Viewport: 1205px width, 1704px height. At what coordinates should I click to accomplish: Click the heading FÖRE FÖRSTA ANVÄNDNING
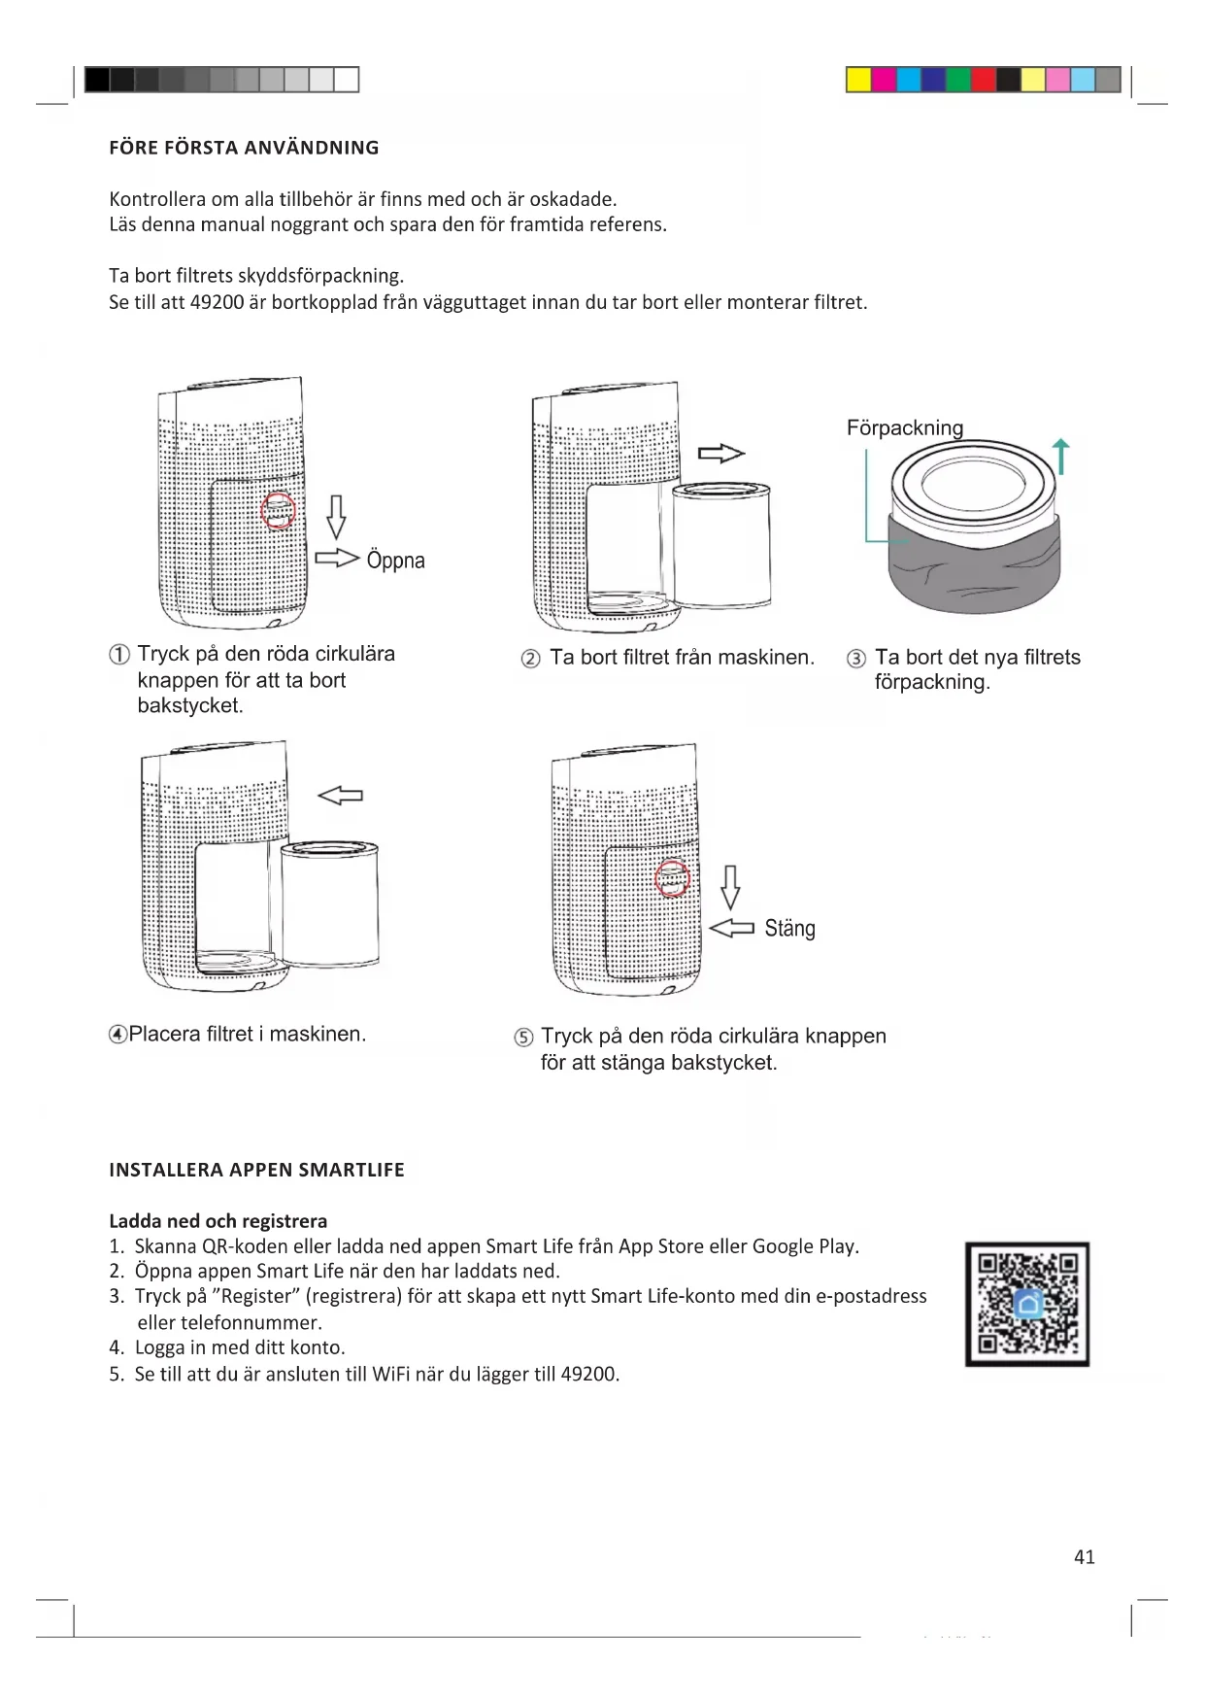(x=244, y=148)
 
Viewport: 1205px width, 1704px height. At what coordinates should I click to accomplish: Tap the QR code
(x=1026, y=1304)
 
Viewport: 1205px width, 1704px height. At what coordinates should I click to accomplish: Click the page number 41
(x=1084, y=1556)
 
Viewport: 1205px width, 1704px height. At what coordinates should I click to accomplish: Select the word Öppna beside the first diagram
(x=395, y=561)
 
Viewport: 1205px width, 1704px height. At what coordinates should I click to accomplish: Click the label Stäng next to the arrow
(x=789, y=929)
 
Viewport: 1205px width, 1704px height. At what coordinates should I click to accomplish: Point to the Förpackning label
(x=904, y=428)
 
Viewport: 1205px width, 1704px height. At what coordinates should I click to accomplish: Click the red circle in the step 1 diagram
(x=279, y=511)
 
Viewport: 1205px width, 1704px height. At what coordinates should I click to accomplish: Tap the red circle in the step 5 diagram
(x=672, y=879)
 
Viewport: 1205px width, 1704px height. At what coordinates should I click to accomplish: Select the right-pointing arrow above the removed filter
(x=720, y=453)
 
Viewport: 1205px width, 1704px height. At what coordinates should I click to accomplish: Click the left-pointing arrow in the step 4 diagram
(x=341, y=796)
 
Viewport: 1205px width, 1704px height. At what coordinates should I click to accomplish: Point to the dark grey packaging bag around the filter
(x=974, y=568)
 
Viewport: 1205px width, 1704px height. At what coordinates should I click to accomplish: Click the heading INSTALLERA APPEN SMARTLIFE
(x=256, y=1170)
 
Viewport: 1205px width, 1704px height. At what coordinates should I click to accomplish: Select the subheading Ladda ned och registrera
(x=218, y=1221)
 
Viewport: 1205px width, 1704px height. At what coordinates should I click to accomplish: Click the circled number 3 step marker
(x=855, y=659)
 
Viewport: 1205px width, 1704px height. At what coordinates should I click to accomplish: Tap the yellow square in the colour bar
(x=858, y=80)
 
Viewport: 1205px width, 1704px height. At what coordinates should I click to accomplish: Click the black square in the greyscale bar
(x=97, y=80)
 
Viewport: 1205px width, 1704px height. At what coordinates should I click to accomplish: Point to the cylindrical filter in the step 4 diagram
(x=329, y=903)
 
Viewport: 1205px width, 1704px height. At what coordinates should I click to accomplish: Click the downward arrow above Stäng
(x=730, y=887)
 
